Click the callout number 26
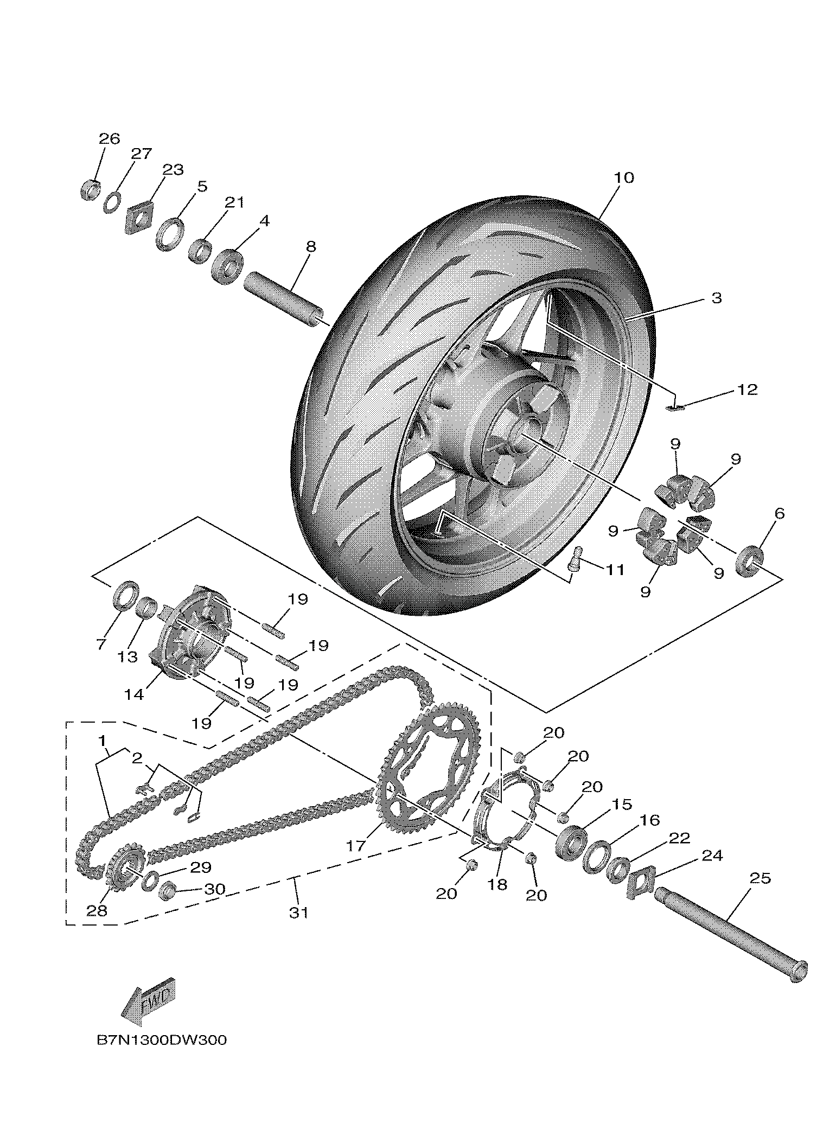109,138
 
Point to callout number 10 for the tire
624,177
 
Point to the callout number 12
747,390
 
